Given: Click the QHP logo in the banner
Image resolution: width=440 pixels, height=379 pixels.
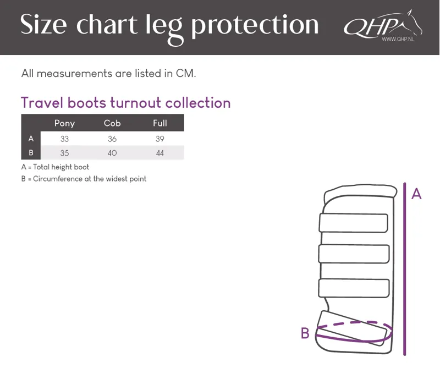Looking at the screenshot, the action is (383, 26).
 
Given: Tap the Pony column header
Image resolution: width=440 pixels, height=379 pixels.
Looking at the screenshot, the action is (64, 124).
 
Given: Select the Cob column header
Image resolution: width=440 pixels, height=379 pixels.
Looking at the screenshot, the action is (112, 123).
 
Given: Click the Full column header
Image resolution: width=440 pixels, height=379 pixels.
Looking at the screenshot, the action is (160, 123).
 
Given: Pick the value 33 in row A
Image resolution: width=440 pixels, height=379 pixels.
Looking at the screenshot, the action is (64, 139).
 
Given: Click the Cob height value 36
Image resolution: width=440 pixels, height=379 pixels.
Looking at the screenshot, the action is (112, 139).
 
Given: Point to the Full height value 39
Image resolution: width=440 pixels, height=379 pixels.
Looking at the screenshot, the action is (160, 139).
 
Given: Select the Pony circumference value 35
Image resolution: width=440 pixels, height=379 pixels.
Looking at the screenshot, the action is (64, 153).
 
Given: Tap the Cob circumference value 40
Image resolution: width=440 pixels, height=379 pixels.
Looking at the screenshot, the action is (112, 153).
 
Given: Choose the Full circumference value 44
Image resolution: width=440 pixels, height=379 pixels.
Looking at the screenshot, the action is (160, 153).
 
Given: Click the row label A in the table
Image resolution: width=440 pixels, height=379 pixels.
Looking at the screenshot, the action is (31, 139).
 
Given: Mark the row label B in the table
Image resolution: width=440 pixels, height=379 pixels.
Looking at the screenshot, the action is (31, 153).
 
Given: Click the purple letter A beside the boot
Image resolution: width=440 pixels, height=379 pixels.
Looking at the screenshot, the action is (416, 194).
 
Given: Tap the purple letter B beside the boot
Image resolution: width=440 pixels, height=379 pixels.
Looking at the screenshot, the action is (305, 333).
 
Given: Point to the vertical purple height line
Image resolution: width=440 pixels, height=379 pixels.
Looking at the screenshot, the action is (405, 269).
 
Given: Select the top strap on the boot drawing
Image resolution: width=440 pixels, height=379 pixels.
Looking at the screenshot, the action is (354, 223).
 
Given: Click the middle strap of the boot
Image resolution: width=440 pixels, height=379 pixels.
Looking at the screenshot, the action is (354, 254).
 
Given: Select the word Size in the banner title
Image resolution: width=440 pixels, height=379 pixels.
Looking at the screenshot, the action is (43, 25).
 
